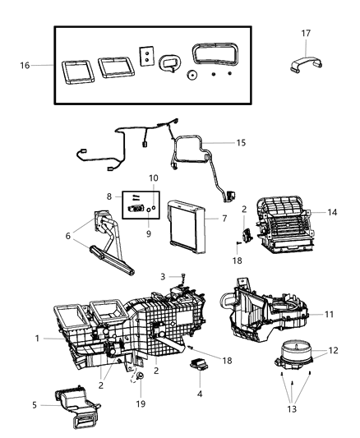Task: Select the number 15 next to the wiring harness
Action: click(x=240, y=142)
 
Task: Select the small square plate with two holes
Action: click(x=145, y=55)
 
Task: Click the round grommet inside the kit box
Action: click(x=191, y=75)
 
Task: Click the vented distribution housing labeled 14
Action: click(x=284, y=222)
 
